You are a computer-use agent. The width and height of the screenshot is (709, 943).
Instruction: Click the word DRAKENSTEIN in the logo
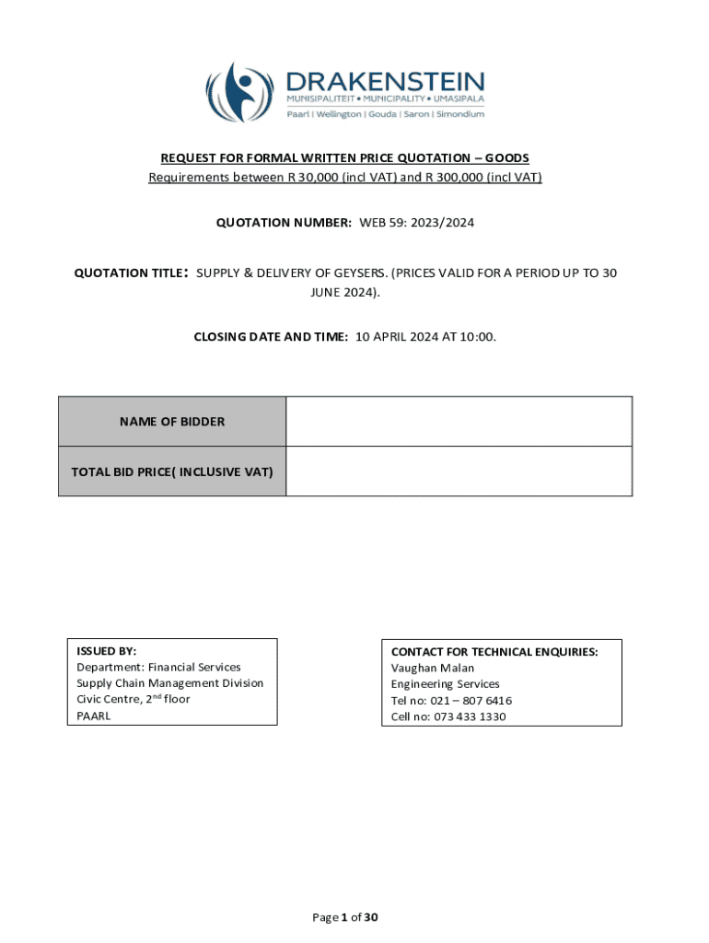(x=385, y=79)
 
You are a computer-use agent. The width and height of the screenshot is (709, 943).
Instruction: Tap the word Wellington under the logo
(x=339, y=114)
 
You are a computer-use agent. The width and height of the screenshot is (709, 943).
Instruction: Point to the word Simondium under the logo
(x=459, y=114)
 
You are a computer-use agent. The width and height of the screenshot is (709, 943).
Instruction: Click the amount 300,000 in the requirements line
(x=462, y=177)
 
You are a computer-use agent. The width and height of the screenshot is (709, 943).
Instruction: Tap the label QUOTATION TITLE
(x=130, y=273)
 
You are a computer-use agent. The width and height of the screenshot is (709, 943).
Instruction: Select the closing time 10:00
(x=476, y=337)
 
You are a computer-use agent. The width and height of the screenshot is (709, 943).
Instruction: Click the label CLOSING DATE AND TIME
(x=271, y=337)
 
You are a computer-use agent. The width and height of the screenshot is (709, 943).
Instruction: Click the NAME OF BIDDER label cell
(x=172, y=422)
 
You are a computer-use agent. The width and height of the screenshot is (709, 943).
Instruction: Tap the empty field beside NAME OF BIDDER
(x=459, y=422)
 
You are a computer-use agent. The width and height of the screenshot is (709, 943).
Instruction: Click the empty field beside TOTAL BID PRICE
(x=459, y=471)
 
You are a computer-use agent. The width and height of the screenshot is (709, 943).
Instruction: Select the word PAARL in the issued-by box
(x=93, y=716)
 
